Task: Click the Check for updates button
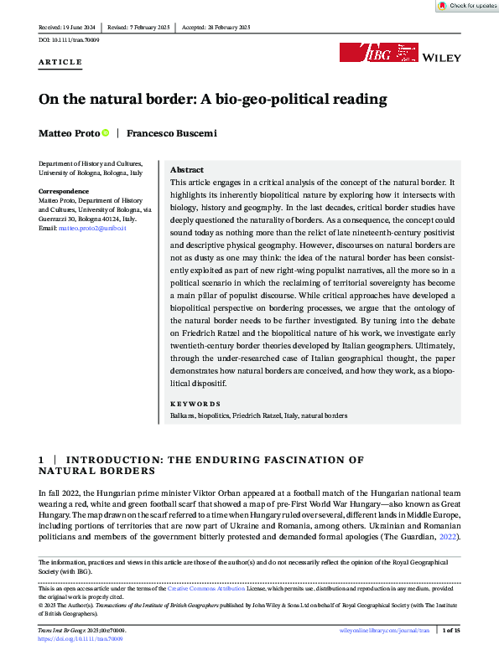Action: point(467,6)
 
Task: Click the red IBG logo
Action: point(366,53)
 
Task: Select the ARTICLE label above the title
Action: point(60,62)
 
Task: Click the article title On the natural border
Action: point(212,99)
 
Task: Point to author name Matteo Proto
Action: point(68,133)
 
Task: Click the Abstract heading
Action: point(187,169)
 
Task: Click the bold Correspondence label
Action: point(65,191)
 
